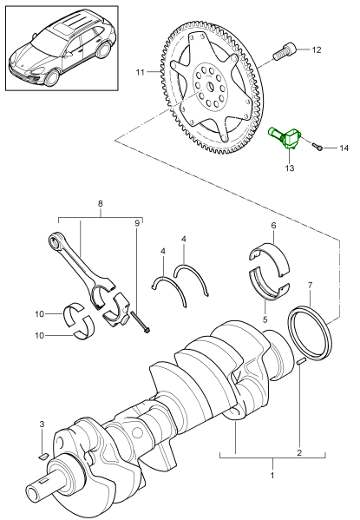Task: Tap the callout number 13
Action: pos(290,169)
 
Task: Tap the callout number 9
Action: pos(136,224)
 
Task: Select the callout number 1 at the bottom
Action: pos(273,477)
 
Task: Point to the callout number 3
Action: pos(41,424)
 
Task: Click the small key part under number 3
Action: pos(43,453)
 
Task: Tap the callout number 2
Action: pos(299,452)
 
